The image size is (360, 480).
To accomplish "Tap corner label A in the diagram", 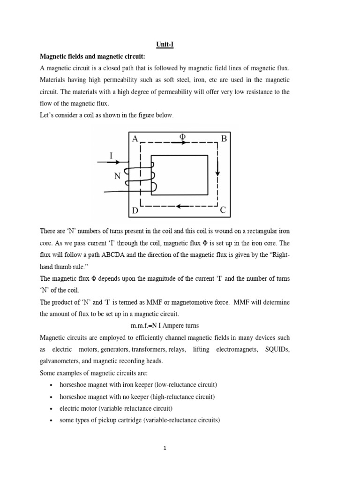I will tap(135, 139).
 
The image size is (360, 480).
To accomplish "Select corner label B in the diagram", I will tap(224, 139).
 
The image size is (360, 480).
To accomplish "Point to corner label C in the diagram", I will tap(223, 210).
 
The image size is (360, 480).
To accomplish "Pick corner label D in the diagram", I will tap(135, 211).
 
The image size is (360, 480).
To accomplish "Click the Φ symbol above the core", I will tap(182, 136).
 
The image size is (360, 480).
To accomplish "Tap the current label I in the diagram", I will tap(111, 155).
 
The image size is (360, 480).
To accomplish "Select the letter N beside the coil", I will tap(117, 177).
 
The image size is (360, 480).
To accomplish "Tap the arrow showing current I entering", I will tap(112, 163).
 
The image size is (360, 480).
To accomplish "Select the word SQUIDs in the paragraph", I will tap(277, 349).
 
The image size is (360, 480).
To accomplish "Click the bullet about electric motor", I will tap(116, 408).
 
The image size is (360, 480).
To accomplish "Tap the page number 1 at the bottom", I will tap(165, 448).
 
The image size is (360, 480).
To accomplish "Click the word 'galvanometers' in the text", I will tap(61, 361).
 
